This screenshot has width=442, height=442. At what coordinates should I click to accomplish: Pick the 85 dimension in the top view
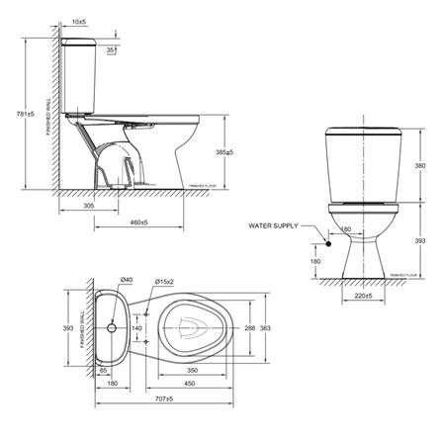(x=104, y=372)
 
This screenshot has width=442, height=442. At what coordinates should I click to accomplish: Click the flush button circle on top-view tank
(x=115, y=325)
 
